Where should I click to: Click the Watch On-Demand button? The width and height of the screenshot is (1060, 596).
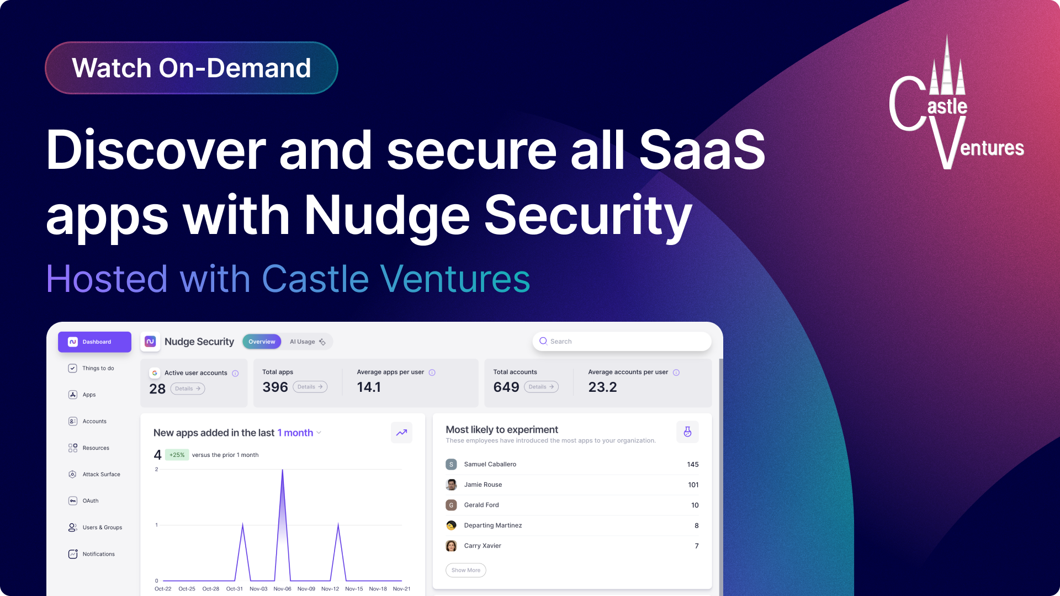pyautogui.click(x=191, y=68)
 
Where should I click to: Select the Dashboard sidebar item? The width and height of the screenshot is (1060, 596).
pyautogui.click(x=94, y=342)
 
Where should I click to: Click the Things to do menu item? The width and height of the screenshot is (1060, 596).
pyautogui.click(x=98, y=368)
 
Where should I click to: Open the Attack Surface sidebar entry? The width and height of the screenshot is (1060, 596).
pyautogui.click(x=101, y=474)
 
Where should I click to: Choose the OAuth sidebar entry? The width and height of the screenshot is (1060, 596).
pyautogui.click(x=90, y=501)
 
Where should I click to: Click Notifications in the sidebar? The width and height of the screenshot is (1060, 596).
pyautogui.click(x=98, y=554)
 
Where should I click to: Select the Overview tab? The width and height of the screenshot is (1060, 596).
pyautogui.click(x=262, y=342)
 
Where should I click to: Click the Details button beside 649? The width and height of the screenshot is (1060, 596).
pyautogui.click(x=541, y=387)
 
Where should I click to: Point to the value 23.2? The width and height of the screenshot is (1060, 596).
pyautogui.click(x=602, y=387)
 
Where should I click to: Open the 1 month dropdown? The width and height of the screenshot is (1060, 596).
pyautogui.click(x=299, y=433)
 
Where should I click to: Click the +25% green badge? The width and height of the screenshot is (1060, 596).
pyautogui.click(x=177, y=455)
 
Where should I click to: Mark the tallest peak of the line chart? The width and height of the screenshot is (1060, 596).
pyautogui.click(x=283, y=470)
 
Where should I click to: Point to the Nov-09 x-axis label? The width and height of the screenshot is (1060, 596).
pyautogui.click(x=306, y=589)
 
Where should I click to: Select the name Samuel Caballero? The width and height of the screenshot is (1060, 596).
pyautogui.click(x=490, y=464)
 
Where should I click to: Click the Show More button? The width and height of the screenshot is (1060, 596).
pyautogui.click(x=465, y=570)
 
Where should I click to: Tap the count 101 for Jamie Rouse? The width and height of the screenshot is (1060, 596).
pyautogui.click(x=693, y=485)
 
